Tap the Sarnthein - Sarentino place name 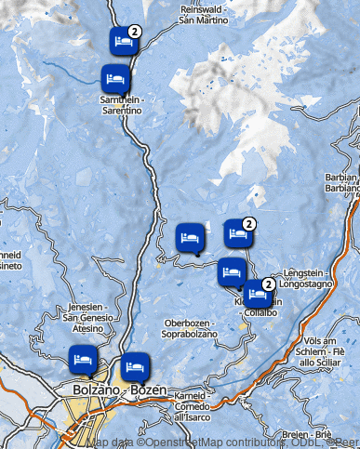122,105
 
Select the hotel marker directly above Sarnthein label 115,78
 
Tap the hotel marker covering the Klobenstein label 258,295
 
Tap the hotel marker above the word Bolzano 82,358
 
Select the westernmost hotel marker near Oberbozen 190,238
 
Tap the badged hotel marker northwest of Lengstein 238,233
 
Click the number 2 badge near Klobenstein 268,284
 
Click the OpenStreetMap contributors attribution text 208,442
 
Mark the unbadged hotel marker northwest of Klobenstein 231,272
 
